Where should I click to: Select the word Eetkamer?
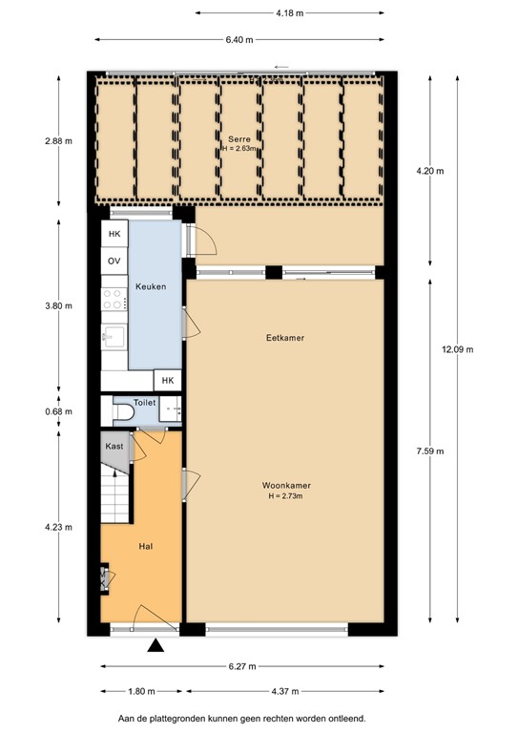[285, 338]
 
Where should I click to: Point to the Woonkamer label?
[287, 485]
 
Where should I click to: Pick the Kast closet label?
[114, 446]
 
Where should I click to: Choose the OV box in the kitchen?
[114, 261]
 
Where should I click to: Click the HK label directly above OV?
[114, 234]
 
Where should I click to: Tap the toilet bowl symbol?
[124, 414]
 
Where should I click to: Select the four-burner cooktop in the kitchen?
[114, 299]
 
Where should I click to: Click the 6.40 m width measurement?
[239, 39]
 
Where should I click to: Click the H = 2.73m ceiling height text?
[287, 496]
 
